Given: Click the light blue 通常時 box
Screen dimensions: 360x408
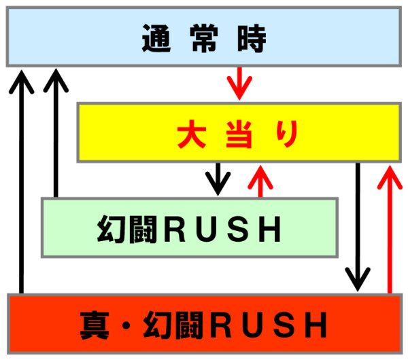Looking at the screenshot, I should tap(203, 38).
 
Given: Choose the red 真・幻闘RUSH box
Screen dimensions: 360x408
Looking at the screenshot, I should tap(203, 325).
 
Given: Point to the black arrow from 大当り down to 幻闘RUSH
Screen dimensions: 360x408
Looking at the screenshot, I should tap(218, 178).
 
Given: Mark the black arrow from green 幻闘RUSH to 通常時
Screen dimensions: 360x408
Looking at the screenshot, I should tap(55, 132).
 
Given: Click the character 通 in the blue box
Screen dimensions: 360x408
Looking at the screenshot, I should tap(155, 40).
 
